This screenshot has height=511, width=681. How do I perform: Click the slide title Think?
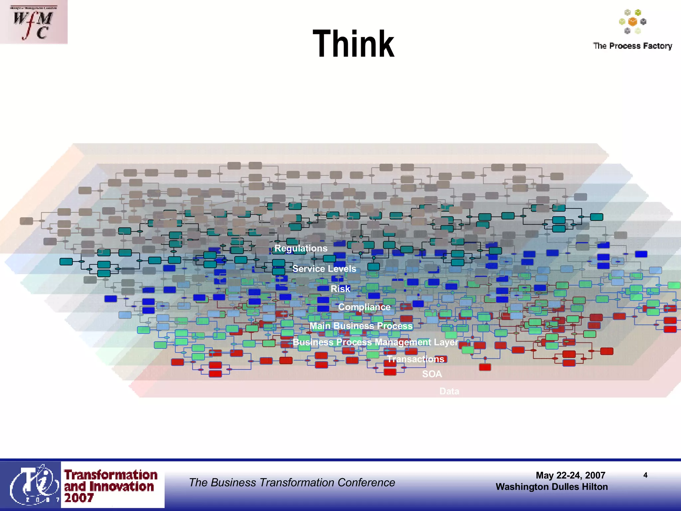click(x=353, y=44)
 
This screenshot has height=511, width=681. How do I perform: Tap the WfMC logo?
click(x=33, y=22)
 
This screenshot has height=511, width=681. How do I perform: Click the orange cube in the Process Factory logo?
click(x=632, y=22)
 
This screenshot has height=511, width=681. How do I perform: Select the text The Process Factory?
click(x=632, y=46)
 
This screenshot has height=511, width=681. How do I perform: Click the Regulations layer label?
click(x=301, y=249)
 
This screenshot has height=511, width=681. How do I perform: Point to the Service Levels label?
click(x=324, y=269)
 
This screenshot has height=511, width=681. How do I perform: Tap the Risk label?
click(x=340, y=289)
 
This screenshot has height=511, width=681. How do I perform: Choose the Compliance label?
click(x=364, y=307)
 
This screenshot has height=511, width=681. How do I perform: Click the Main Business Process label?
click(x=361, y=326)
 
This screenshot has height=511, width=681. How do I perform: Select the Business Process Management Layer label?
click(x=375, y=342)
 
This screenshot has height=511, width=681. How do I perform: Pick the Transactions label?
click(x=415, y=359)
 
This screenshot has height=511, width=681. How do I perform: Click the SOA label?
click(x=432, y=374)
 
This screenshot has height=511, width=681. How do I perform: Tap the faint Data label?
click(x=449, y=391)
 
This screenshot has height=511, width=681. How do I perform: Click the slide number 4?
click(x=645, y=475)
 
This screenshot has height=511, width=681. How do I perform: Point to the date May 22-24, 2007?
click(x=570, y=475)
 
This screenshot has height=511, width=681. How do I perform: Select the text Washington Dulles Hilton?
click(x=552, y=487)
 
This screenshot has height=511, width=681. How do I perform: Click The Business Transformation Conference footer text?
click(x=292, y=483)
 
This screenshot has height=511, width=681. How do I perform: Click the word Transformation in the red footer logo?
click(x=111, y=475)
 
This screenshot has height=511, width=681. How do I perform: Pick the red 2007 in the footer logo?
click(x=79, y=498)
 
